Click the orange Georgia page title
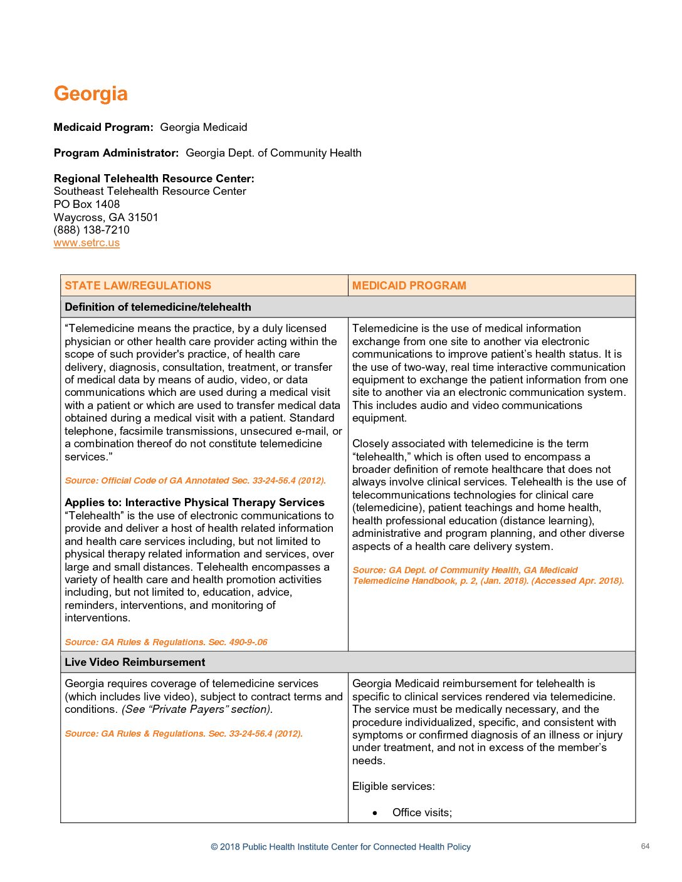(x=91, y=94)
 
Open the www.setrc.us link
(x=87, y=243)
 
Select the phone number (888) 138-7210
(x=92, y=230)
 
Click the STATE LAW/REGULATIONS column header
(x=138, y=286)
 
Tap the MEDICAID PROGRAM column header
(x=409, y=286)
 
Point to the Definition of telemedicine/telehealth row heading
(x=158, y=307)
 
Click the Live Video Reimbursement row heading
(x=135, y=662)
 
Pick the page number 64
(x=645, y=846)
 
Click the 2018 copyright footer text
(x=340, y=847)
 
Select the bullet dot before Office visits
(x=375, y=813)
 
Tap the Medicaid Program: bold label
(x=103, y=127)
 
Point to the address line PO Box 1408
(x=87, y=204)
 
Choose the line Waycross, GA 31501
(x=106, y=217)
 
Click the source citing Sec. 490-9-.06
(x=166, y=642)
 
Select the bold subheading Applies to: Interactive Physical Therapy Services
(x=194, y=502)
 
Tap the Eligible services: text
(x=393, y=786)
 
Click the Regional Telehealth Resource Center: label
(x=154, y=179)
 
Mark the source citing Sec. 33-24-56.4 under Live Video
(x=184, y=734)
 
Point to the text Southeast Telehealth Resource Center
(x=150, y=191)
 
